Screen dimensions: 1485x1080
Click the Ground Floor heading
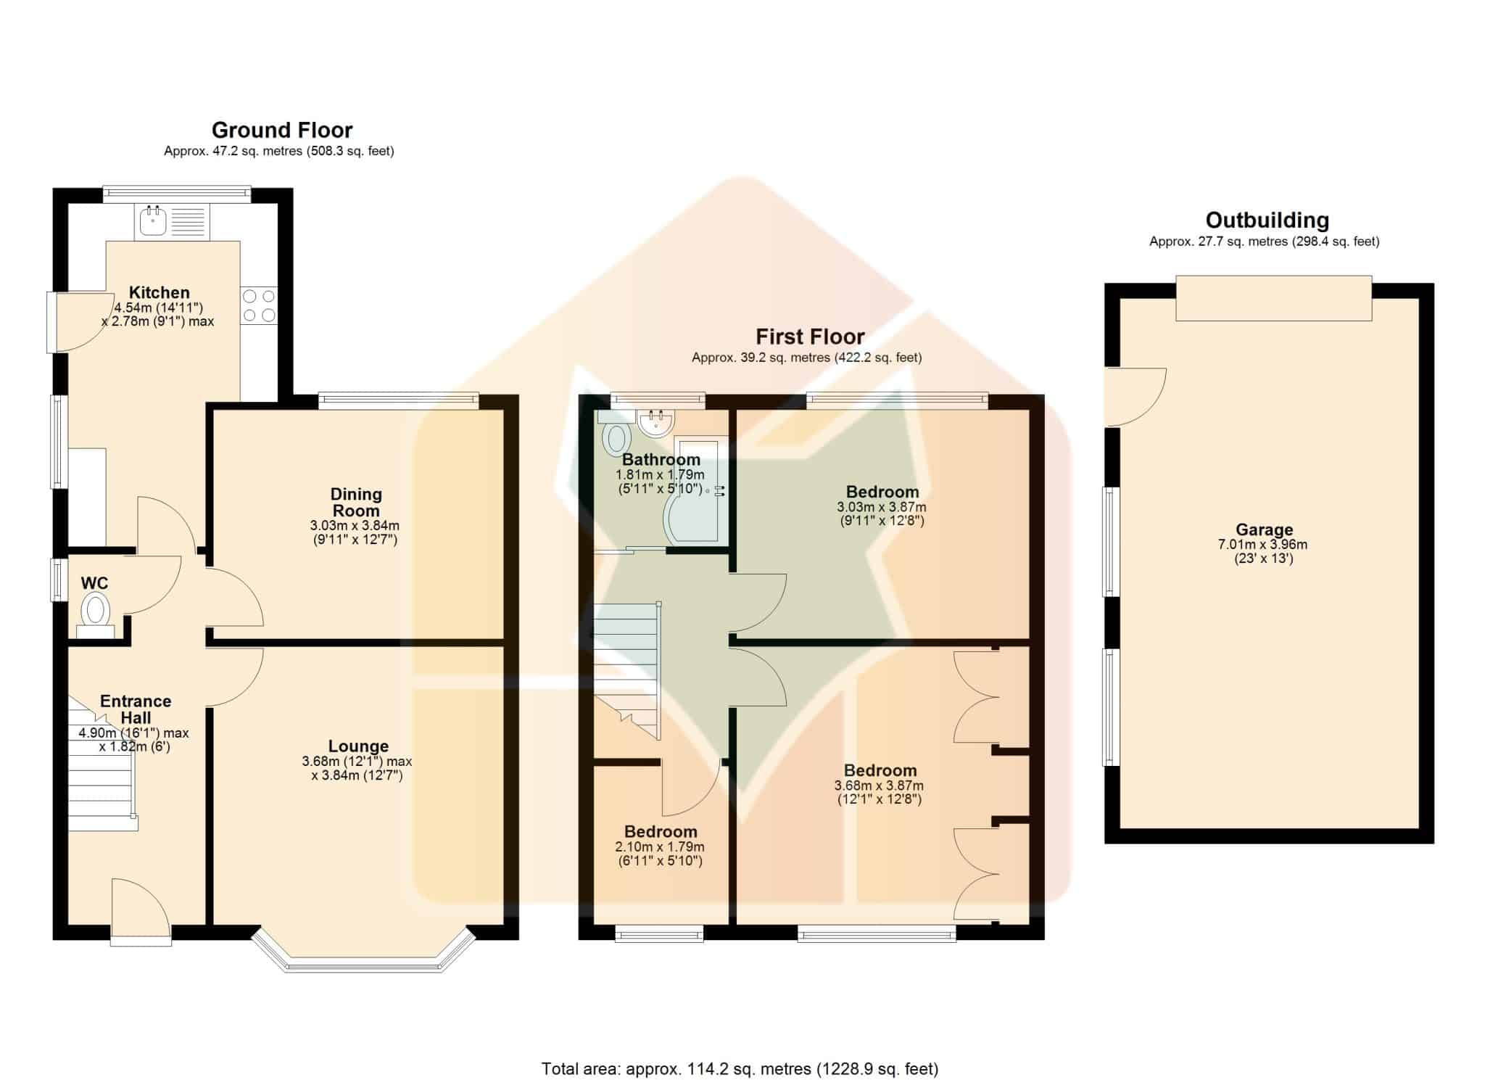click(x=282, y=130)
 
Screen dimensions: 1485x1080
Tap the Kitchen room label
click(x=160, y=292)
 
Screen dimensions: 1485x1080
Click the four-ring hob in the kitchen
click(x=259, y=305)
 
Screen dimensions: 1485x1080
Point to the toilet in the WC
click(x=95, y=614)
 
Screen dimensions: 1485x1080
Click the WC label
click(x=94, y=583)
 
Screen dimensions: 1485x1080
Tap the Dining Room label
click(x=356, y=502)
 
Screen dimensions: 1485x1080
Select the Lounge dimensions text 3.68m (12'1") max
click(x=357, y=762)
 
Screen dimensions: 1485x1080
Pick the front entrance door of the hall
click(x=141, y=911)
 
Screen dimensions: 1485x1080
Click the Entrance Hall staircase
click(x=102, y=769)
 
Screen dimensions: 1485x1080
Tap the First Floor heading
click(x=810, y=337)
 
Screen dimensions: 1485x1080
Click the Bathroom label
click(x=661, y=459)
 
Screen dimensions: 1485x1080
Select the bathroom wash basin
click(x=657, y=422)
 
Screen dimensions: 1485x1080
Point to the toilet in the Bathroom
click(x=615, y=432)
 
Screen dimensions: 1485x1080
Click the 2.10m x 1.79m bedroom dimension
click(x=660, y=846)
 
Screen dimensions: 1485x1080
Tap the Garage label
click(x=1265, y=530)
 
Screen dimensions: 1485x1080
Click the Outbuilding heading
click(x=1267, y=220)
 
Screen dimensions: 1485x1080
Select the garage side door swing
click(x=1136, y=397)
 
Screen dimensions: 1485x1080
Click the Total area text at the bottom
click(x=740, y=1068)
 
